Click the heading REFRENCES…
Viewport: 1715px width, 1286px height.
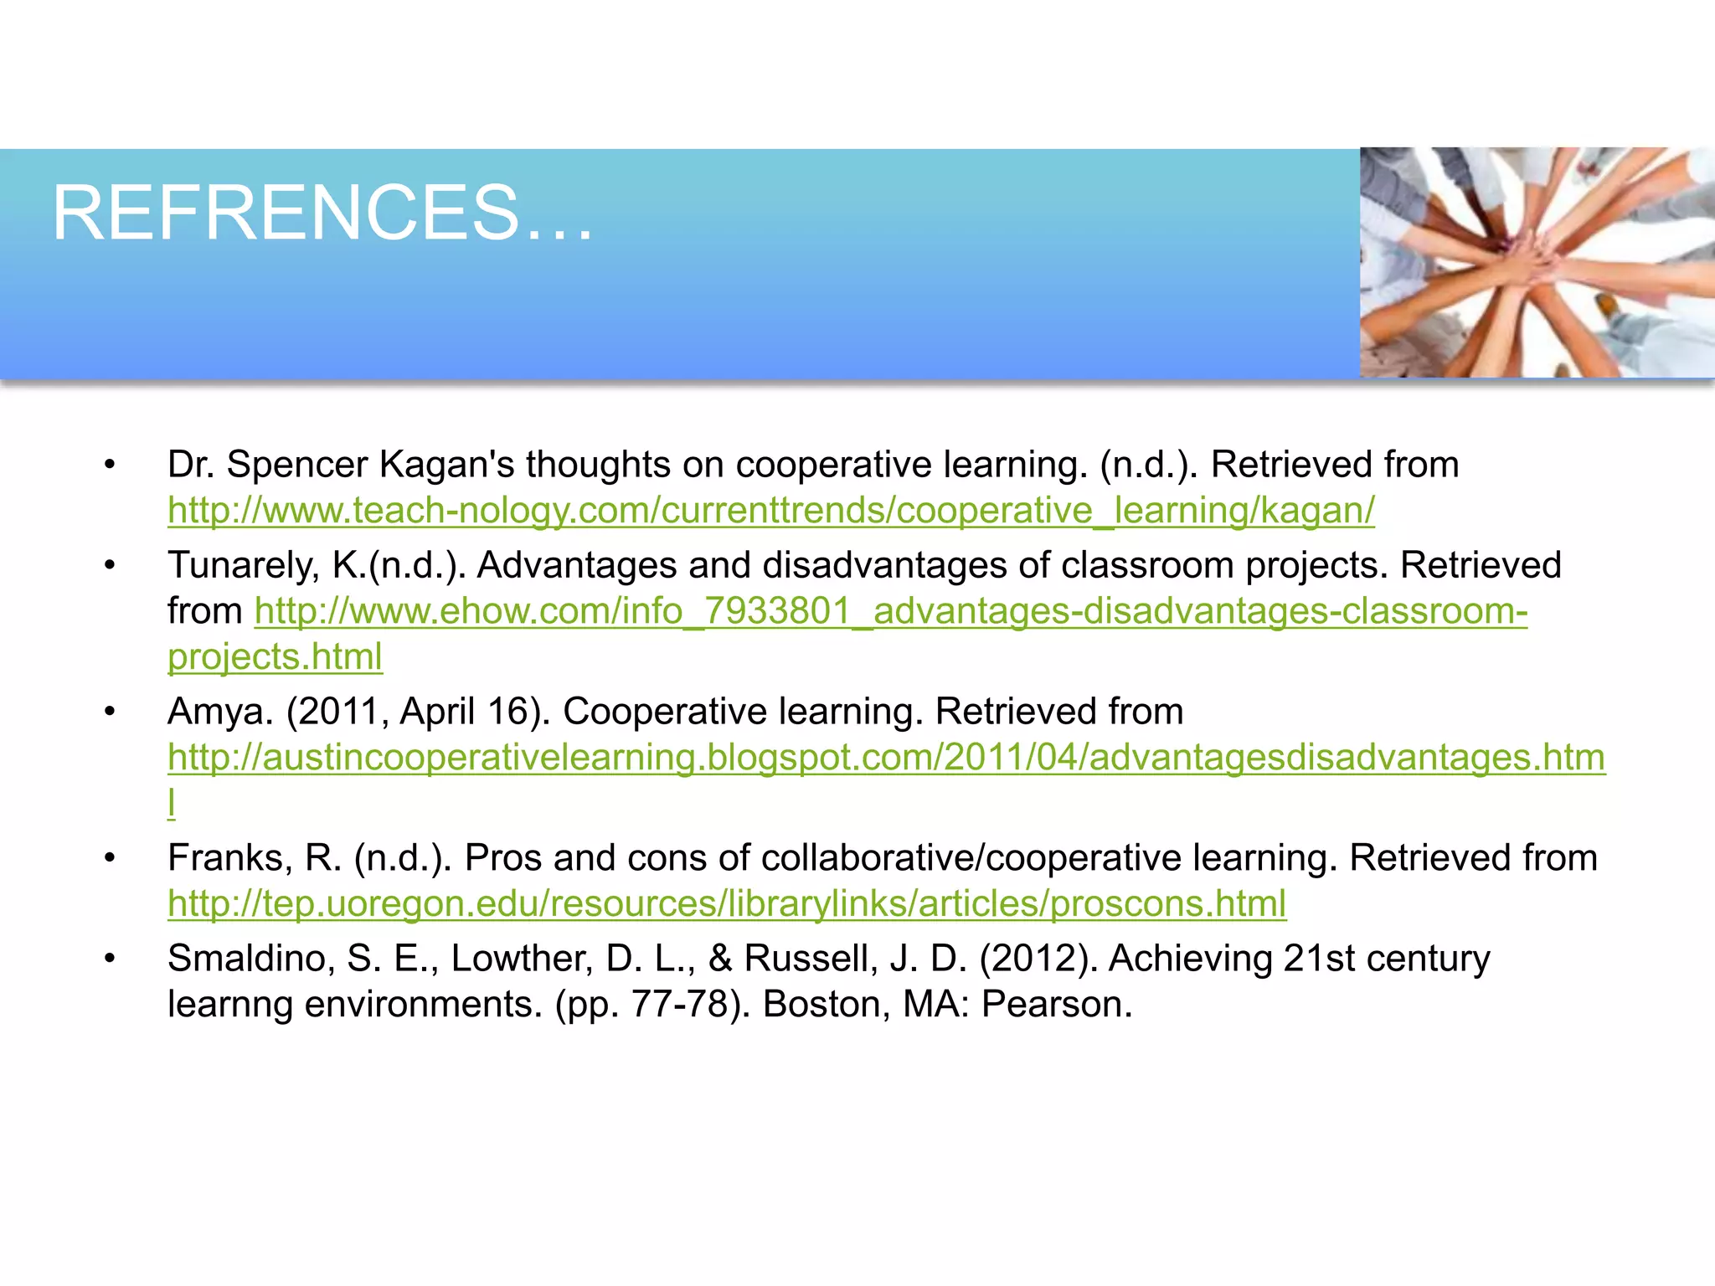(x=322, y=213)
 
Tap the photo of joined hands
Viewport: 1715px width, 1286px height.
(x=1537, y=262)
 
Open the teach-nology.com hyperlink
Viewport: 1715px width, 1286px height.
(x=770, y=510)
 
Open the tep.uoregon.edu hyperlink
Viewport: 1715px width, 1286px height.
(x=726, y=903)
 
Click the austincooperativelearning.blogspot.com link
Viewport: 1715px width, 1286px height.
(x=886, y=757)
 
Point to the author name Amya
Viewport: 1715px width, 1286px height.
(x=220, y=712)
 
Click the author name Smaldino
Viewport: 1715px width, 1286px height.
(x=250, y=959)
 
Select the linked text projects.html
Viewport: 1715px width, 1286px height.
(x=275, y=656)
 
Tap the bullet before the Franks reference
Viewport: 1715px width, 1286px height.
(x=109, y=858)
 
